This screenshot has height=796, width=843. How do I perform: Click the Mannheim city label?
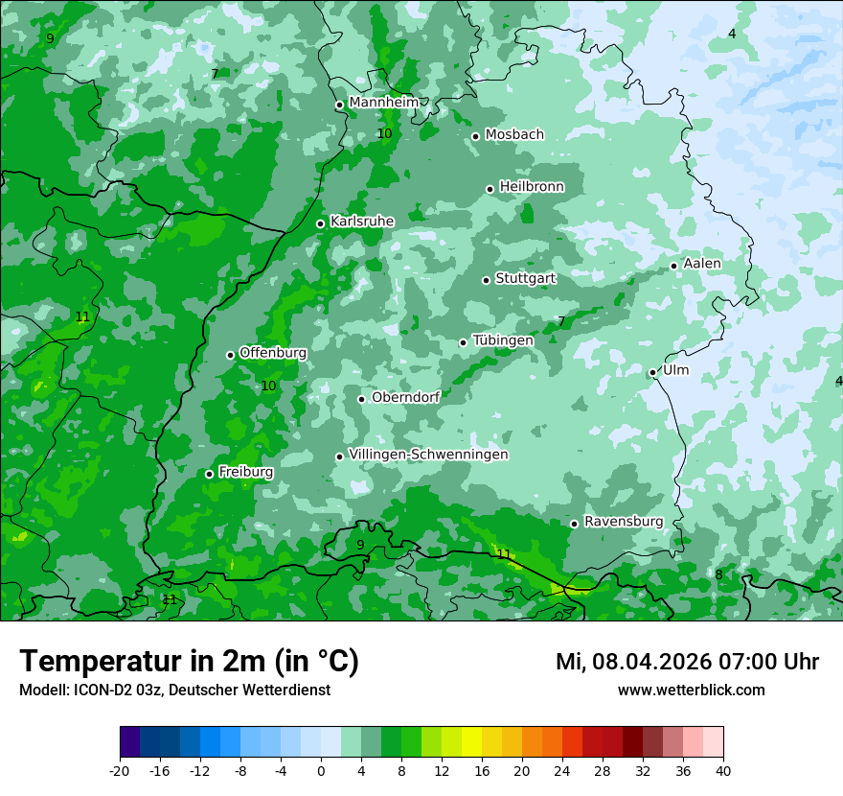tap(383, 103)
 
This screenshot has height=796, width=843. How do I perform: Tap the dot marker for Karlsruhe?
tap(321, 223)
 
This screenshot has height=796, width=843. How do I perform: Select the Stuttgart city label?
tap(525, 278)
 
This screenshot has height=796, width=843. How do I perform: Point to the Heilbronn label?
tap(532, 187)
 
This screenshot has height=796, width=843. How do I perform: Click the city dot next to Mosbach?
tap(475, 136)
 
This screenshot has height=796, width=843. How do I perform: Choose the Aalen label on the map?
tap(702, 264)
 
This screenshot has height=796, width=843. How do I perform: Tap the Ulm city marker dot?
tap(652, 372)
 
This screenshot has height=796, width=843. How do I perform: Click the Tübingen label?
tap(503, 340)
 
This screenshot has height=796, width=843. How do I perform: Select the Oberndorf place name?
tap(406, 397)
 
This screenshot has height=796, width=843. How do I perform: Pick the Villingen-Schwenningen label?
tap(428, 455)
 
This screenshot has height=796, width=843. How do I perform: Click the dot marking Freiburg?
tap(209, 474)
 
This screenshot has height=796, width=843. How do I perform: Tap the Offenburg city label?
tap(273, 353)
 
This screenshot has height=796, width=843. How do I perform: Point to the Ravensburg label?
tap(624, 522)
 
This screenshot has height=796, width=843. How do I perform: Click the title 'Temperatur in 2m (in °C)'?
tap(189, 661)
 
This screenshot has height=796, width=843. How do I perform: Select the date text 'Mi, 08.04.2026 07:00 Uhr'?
tap(687, 662)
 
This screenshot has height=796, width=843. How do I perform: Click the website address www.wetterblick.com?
tap(691, 691)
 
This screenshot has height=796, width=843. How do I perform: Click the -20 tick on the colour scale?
tap(120, 771)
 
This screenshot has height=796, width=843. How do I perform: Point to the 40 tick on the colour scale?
tap(722, 771)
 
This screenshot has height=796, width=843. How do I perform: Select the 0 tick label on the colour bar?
tap(321, 771)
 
